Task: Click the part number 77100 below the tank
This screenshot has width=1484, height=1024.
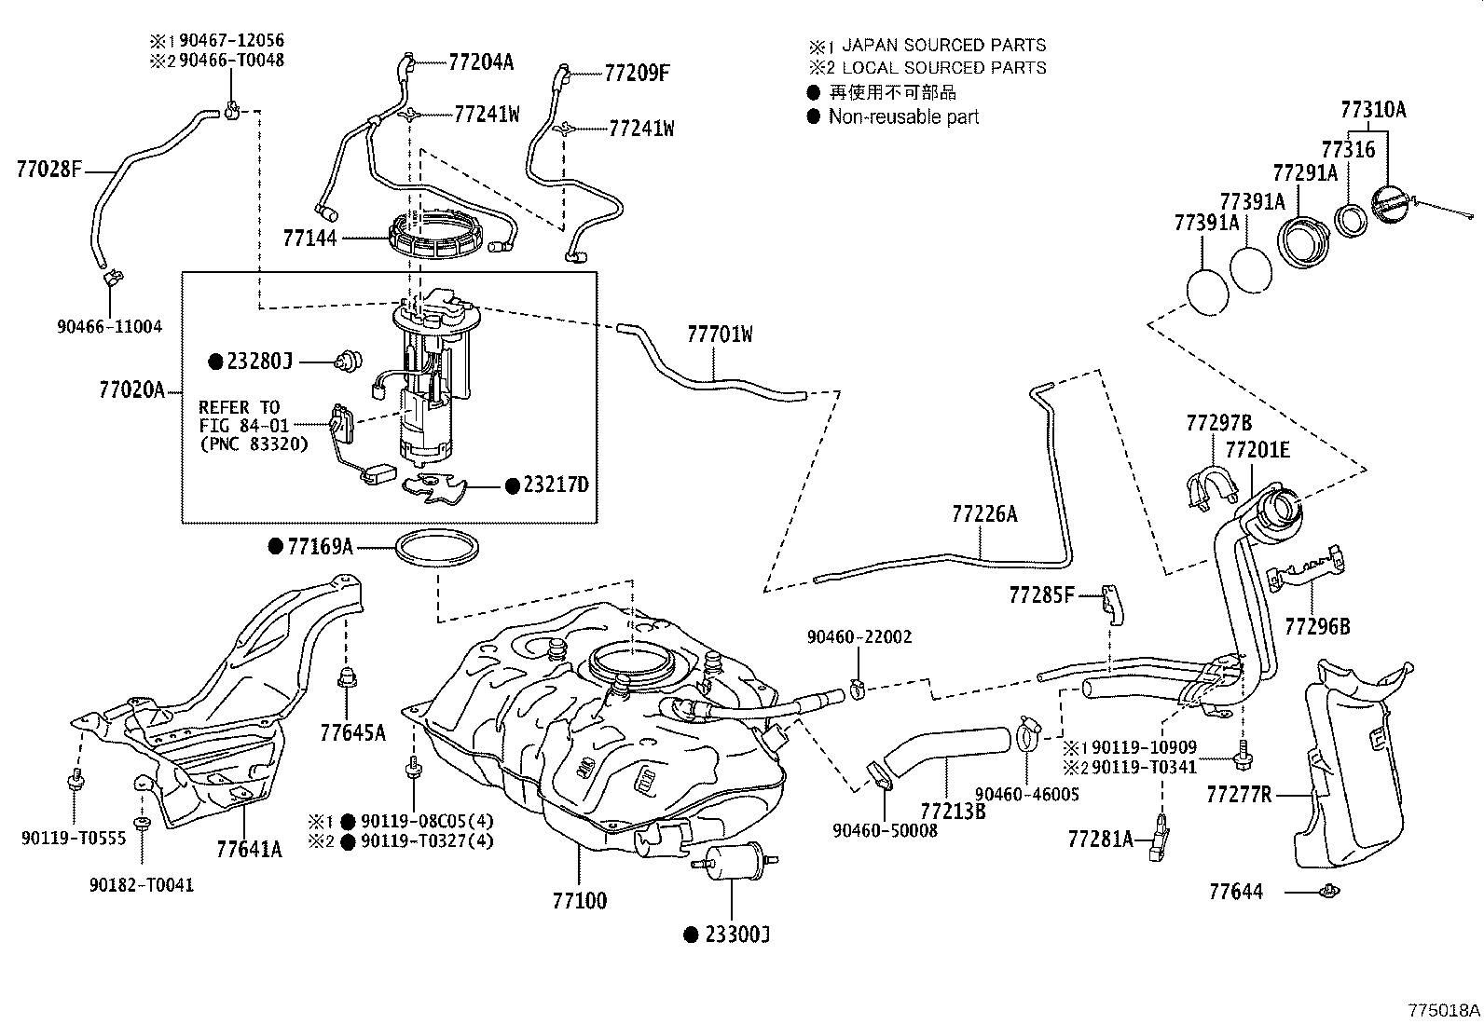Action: click(x=579, y=901)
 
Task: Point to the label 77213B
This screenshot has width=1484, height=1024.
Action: click(x=953, y=811)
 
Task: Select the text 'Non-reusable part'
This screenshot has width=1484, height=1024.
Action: click(x=903, y=117)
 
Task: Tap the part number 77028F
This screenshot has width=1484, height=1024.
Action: click(x=48, y=170)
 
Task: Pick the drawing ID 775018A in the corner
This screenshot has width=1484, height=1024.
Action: click(x=1444, y=1009)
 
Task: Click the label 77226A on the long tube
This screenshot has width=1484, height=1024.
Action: click(x=984, y=513)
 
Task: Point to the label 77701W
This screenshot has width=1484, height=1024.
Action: click(x=720, y=335)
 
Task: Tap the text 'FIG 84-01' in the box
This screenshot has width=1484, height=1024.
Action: click(x=239, y=426)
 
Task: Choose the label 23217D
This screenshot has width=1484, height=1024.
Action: click(x=556, y=485)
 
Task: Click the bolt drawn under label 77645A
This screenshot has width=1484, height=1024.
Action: click(x=347, y=681)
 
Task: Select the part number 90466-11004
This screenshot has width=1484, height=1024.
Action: click(x=109, y=327)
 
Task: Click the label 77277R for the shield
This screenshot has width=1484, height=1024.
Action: click(x=1239, y=795)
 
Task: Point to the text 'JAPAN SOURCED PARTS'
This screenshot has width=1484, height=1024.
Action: click(x=943, y=45)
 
